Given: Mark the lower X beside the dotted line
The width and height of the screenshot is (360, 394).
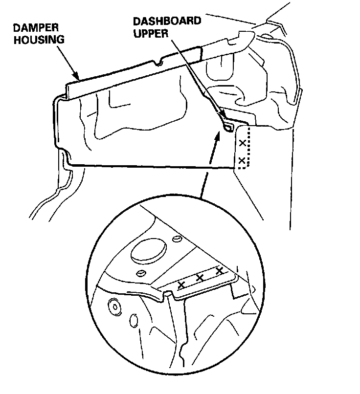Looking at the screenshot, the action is click(x=241, y=160).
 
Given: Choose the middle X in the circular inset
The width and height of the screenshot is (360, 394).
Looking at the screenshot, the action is click(x=200, y=278).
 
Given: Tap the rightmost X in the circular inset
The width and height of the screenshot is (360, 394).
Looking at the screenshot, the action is click(x=219, y=270).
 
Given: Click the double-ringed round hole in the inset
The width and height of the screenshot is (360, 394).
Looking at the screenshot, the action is click(x=115, y=307).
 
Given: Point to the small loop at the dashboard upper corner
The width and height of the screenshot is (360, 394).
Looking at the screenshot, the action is click(x=227, y=127).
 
